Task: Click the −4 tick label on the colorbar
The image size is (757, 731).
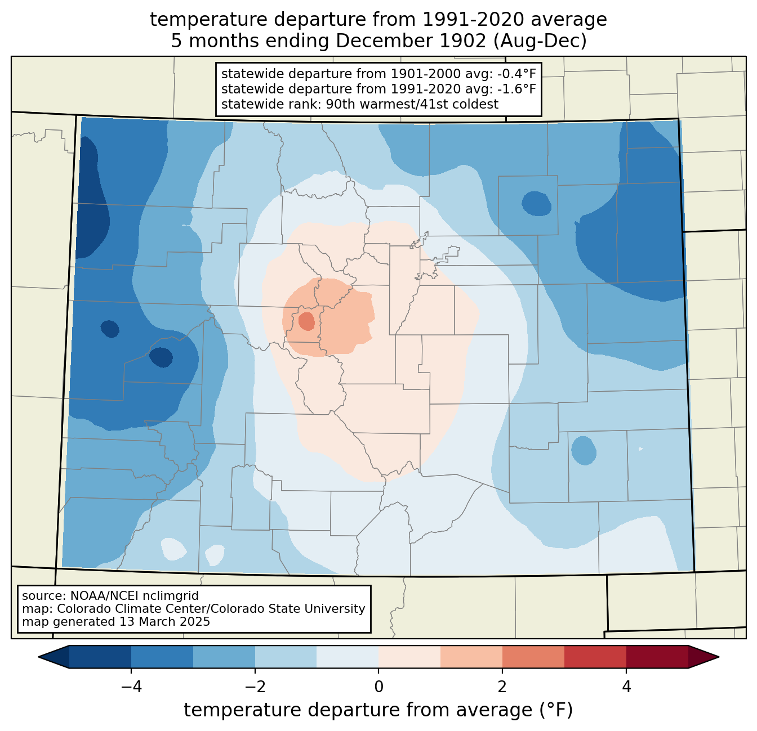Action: click(x=131, y=687)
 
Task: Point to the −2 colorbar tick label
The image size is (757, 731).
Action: click(x=255, y=687)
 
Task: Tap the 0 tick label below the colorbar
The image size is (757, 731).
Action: click(x=379, y=687)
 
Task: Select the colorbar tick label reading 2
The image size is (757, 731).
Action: click(x=502, y=687)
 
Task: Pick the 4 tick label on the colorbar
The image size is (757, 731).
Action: click(x=626, y=687)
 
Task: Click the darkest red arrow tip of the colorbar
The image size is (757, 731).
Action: click(x=703, y=657)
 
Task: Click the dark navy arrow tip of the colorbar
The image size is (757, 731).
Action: click(x=54, y=657)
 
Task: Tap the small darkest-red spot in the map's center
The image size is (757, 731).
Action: click(x=306, y=321)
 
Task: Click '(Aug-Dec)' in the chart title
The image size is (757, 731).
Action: click(x=540, y=41)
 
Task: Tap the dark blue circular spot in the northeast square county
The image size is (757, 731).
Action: click(x=536, y=203)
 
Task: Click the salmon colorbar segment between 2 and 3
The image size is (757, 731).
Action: click(x=533, y=657)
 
